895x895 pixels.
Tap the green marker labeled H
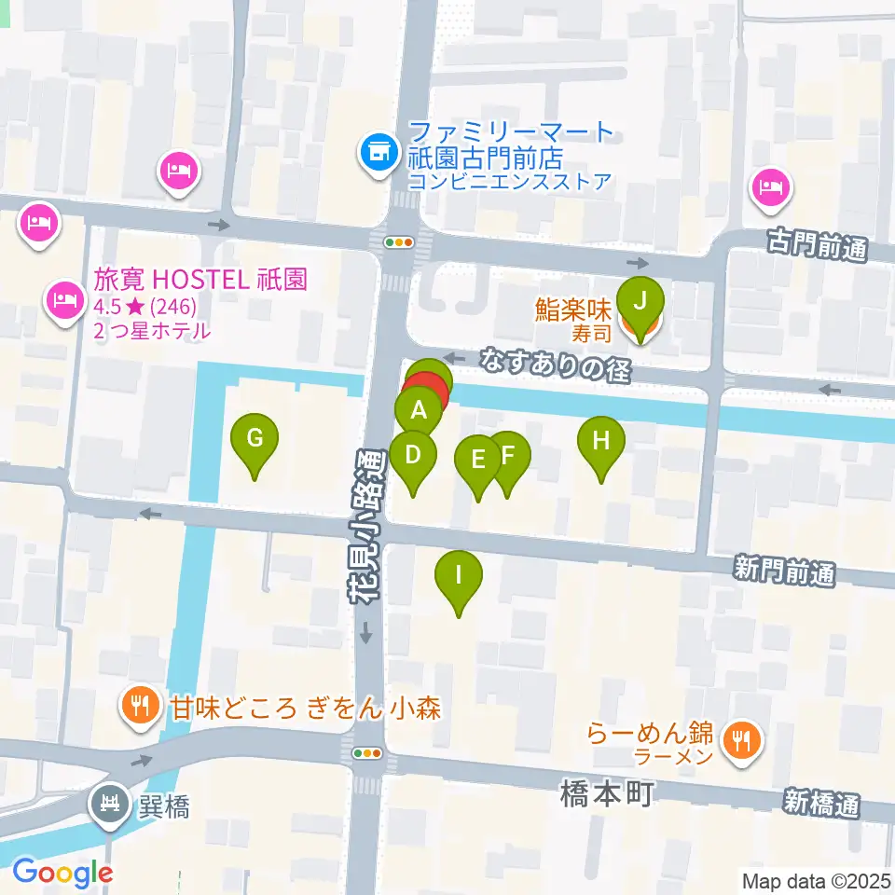(x=601, y=439)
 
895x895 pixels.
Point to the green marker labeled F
(x=508, y=456)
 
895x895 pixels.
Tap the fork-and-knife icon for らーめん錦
(x=742, y=742)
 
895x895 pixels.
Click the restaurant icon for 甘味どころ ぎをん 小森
(x=142, y=704)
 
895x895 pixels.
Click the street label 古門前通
(x=817, y=247)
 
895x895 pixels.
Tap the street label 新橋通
(x=821, y=804)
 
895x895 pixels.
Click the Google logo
(x=62, y=873)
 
